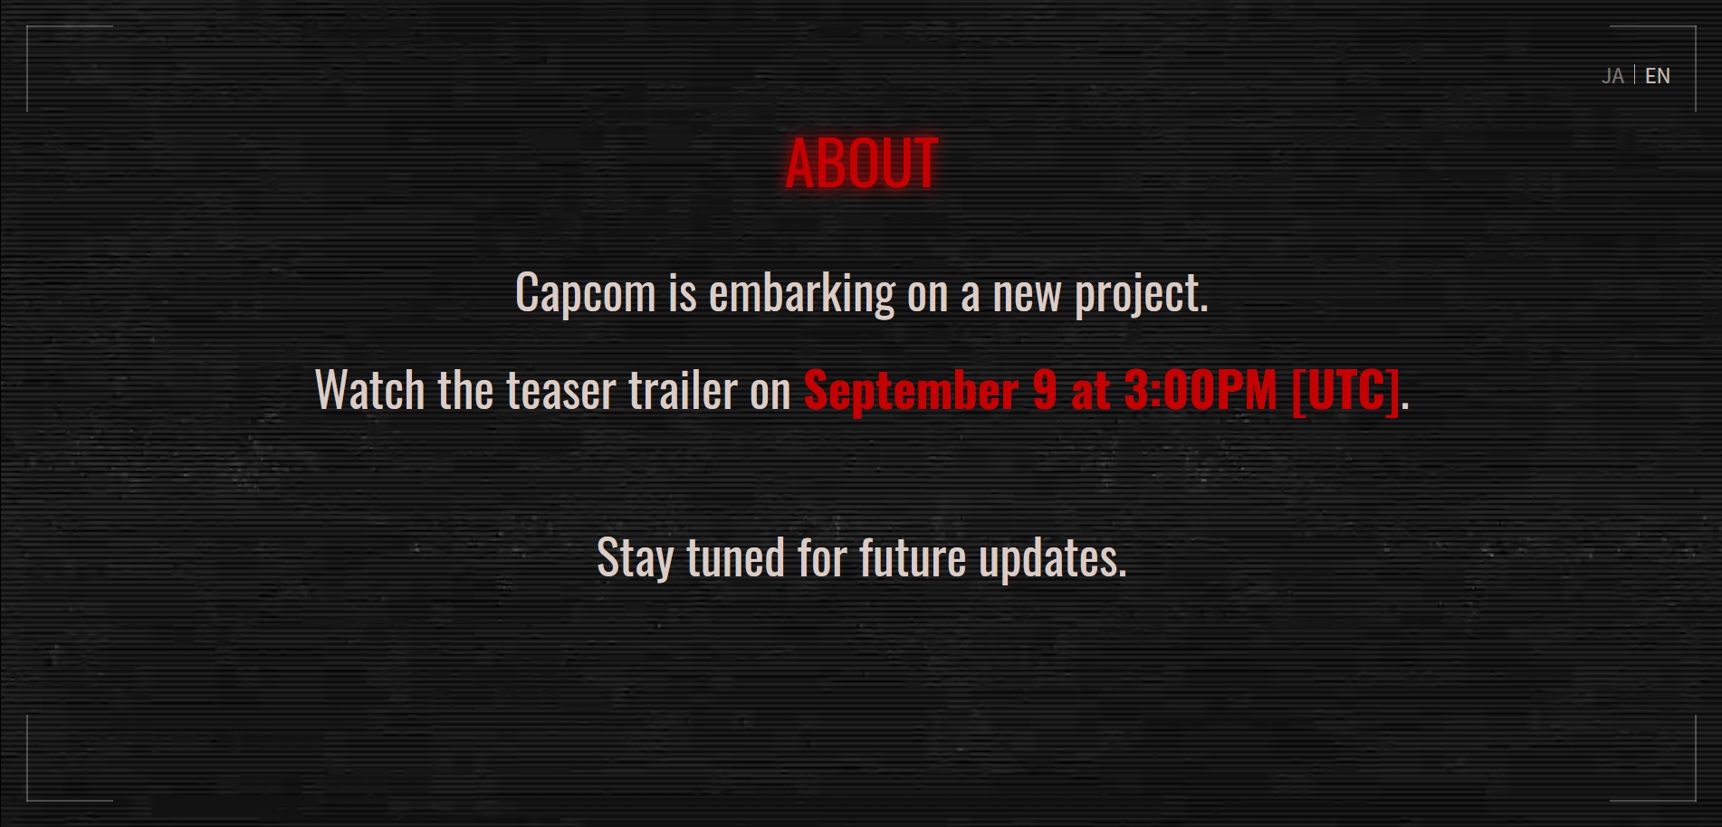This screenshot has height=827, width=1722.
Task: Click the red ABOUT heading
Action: [x=861, y=164]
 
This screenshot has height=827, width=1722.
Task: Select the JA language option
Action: [x=1612, y=76]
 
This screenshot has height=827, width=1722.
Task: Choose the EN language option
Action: [x=1658, y=76]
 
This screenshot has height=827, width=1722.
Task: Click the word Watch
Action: [x=369, y=390]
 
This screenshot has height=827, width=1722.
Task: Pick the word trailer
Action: [x=684, y=390]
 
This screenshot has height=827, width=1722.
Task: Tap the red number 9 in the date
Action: [x=1045, y=390]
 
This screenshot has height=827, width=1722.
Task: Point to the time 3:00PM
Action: [x=1201, y=390]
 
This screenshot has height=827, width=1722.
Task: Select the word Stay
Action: [x=635, y=558]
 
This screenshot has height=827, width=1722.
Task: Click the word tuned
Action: [x=736, y=557]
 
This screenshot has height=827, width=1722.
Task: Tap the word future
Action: [x=913, y=557]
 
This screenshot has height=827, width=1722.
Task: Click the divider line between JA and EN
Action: [x=1634, y=75]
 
